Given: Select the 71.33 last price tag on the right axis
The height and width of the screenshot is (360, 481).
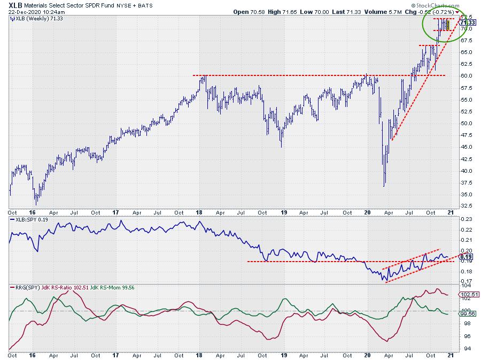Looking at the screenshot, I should coord(467,22).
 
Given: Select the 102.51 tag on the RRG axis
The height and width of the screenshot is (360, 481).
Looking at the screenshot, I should coord(468,294).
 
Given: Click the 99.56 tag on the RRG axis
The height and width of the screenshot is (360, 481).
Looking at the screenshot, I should coord(468,314).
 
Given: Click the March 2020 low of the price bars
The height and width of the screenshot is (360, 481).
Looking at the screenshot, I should coord(384,185).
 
